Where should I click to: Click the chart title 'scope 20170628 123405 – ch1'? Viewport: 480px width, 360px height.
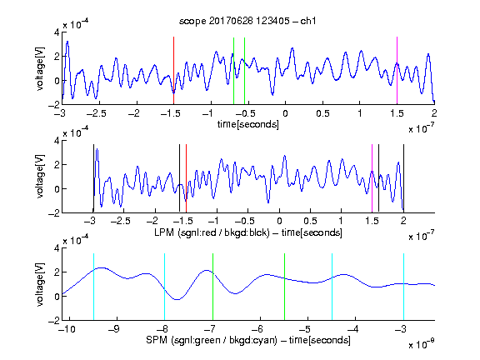(x=247, y=21)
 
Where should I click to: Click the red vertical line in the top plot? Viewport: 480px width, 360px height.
(x=173, y=71)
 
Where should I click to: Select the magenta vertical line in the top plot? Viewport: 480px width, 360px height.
(x=397, y=71)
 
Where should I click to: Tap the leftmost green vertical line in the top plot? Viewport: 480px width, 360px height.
(x=233, y=71)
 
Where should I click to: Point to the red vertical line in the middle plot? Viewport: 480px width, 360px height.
(x=186, y=178)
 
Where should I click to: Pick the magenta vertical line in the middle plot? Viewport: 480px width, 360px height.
(x=372, y=178)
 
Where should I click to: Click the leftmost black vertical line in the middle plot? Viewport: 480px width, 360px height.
(x=93, y=178)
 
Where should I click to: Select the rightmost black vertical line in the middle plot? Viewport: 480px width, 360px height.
(x=403, y=178)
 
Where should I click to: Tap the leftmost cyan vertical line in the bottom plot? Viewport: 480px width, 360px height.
(x=93, y=287)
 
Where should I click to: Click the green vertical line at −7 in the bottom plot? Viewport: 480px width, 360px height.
(x=212, y=287)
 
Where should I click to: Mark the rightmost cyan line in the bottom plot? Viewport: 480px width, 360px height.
(x=403, y=287)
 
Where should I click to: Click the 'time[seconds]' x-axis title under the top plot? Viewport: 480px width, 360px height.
(x=248, y=124)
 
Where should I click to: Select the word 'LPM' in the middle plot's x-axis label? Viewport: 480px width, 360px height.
(x=164, y=232)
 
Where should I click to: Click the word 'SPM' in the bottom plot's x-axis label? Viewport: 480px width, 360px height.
(x=157, y=340)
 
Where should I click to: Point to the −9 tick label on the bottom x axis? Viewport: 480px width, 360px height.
(x=114, y=329)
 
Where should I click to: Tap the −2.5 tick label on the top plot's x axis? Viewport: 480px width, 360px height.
(x=96, y=113)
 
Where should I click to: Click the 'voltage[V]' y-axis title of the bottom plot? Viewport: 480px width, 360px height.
(x=40, y=284)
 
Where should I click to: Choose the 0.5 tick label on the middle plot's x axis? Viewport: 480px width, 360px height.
(x=310, y=221)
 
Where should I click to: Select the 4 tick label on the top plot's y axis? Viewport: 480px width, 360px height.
(x=57, y=32)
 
